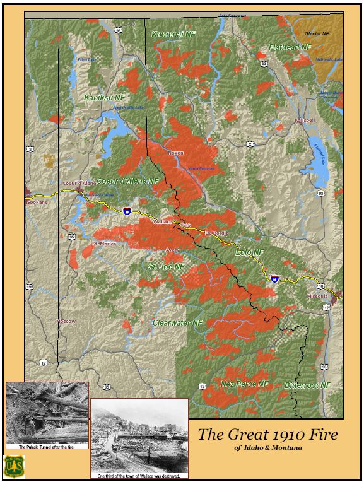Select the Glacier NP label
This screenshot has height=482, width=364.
(x=318, y=33)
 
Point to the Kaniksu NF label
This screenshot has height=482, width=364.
(x=105, y=98)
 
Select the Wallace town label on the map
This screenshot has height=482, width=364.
(x=163, y=222)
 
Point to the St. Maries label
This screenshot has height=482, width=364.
(x=104, y=243)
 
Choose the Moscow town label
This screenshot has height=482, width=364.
(x=66, y=321)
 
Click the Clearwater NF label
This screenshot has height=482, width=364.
(x=178, y=322)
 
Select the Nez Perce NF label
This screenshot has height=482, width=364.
(x=245, y=384)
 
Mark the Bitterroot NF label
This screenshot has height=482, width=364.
(x=307, y=384)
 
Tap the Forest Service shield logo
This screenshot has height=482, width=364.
(x=15, y=466)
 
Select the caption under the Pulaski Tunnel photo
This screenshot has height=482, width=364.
(x=44, y=447)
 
